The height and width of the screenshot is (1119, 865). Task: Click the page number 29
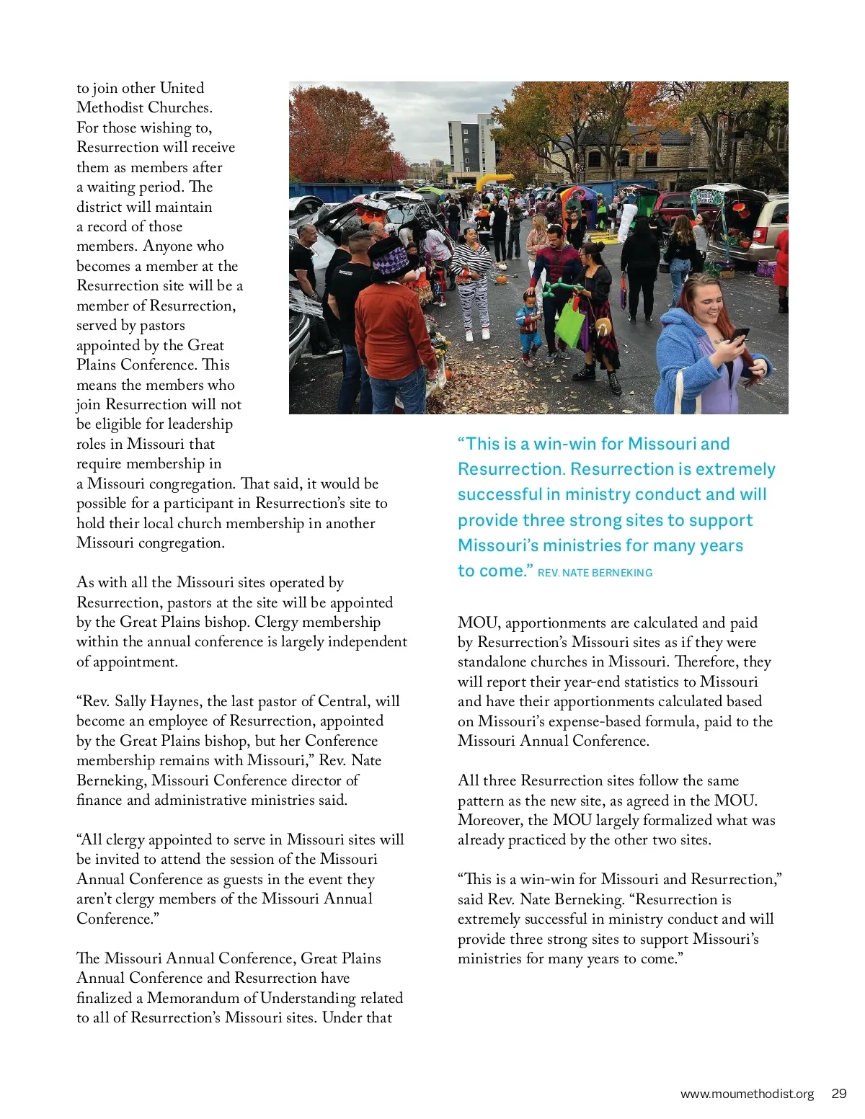pyautogui.click(x=838, y=1093)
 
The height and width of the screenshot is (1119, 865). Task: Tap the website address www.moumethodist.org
pyautogui.click(x=747, y=1094)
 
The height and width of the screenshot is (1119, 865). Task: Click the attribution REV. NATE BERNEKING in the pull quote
pyautogui.click(x=595, y=573)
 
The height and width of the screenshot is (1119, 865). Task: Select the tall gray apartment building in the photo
pyautogui.click(x=471, y=148)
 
